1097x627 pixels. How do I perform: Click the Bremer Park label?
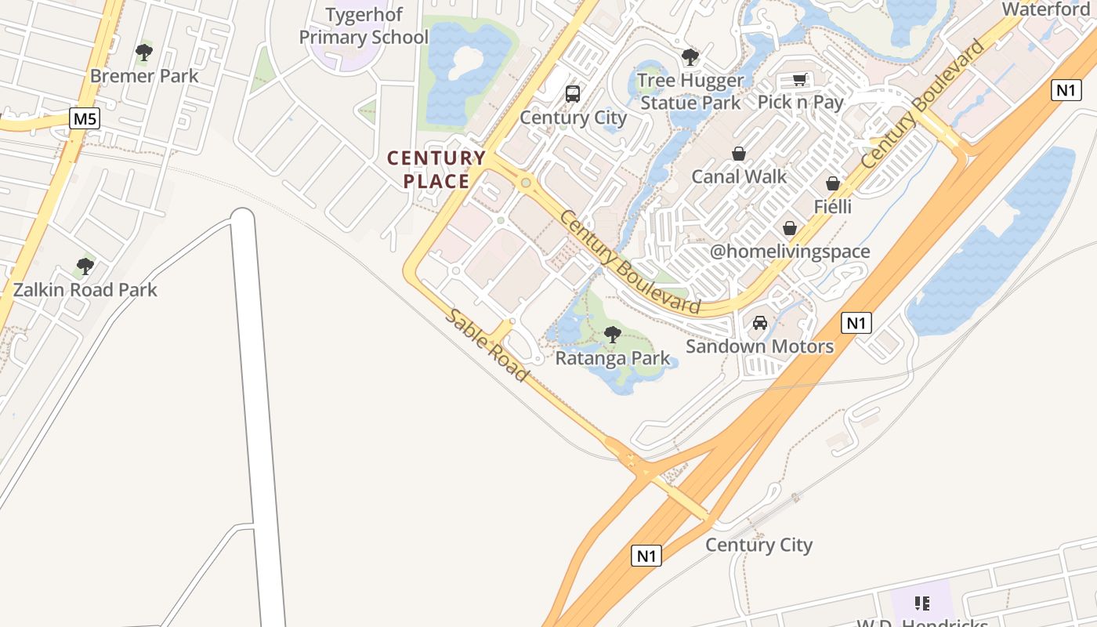144,76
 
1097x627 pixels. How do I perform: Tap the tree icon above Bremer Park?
143,53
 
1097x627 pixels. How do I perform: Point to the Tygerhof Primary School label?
364,26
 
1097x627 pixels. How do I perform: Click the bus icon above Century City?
573,94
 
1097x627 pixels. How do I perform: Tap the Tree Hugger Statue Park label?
690,92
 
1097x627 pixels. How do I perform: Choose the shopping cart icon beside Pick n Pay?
799,79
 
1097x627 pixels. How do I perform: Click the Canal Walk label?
739,176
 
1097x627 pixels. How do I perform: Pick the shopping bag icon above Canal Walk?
738,153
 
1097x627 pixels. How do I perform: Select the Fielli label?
833,207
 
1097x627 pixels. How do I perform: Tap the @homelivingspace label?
790,252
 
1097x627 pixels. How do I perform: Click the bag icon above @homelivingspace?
790,228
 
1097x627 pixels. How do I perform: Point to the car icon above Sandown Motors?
759,323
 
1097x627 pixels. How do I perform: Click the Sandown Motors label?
759,346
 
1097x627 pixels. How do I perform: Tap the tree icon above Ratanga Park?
613,335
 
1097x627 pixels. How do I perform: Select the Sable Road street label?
487,345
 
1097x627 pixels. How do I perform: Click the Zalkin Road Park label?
85,290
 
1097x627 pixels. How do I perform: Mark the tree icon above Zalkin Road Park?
85,266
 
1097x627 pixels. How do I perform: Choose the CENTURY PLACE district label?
436,169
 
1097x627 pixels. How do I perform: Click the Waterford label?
1045,9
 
